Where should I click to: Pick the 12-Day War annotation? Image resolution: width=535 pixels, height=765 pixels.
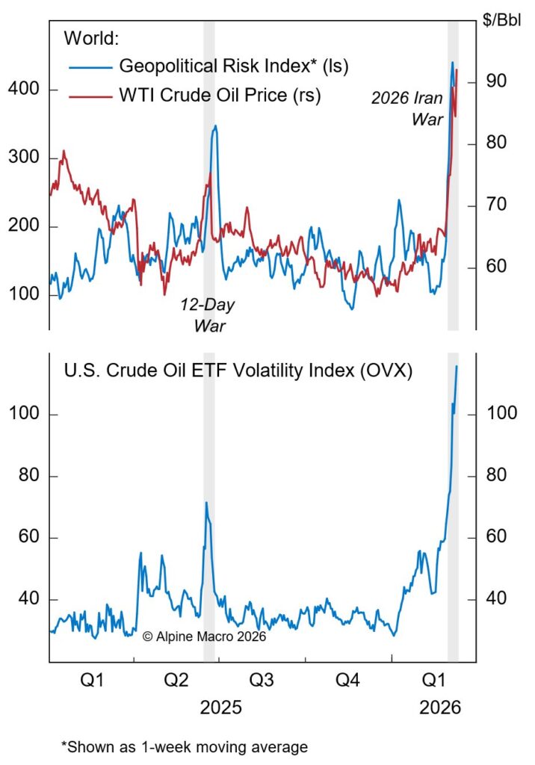click(204, 315)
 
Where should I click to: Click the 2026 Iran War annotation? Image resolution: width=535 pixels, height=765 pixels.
click(407, 108)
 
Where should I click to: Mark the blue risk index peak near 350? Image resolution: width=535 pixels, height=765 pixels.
click(215, 126)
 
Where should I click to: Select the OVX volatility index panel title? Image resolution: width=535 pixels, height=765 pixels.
click(238, 371)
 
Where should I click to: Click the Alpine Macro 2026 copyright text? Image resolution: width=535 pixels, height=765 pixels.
click(203, 637)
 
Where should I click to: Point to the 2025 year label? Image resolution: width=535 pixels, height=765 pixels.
click(220, 707)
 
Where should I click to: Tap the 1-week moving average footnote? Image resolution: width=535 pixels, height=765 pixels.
click(184, 746)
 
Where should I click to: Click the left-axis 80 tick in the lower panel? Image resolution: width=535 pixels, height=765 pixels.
click(25, 477)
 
